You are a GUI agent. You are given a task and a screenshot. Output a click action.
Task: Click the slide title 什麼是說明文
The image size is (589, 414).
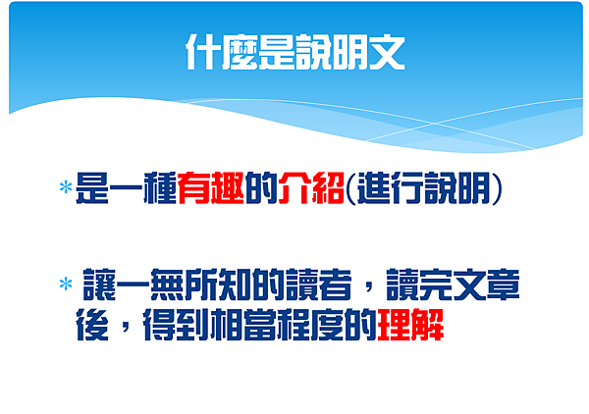pos(294,54)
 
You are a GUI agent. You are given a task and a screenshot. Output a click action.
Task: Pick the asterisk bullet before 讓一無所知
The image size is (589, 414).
pos(66,285)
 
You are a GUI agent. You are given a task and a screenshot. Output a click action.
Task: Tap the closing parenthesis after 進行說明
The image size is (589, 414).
pos(499,187)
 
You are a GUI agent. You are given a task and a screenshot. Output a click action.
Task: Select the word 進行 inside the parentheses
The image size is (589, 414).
pos(385,186)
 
